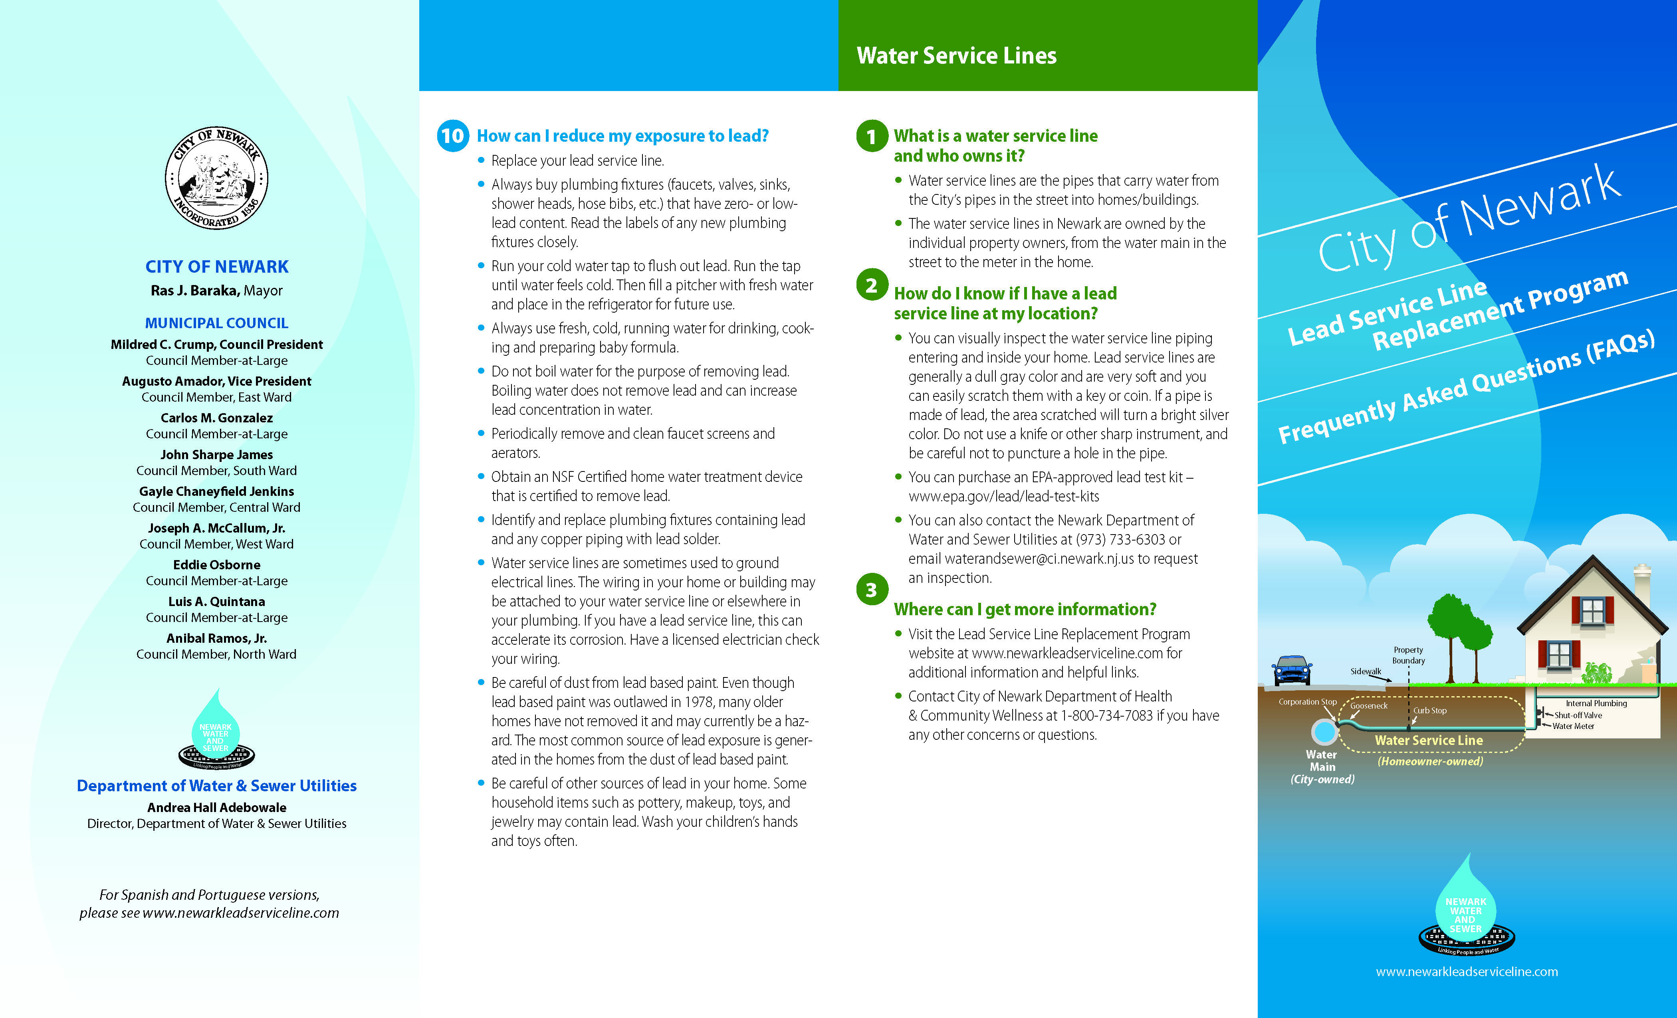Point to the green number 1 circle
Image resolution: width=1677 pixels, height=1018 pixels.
point(871,136)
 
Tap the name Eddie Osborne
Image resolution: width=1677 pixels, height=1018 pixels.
point(216,565)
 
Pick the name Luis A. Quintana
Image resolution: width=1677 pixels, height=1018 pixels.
point(216,602)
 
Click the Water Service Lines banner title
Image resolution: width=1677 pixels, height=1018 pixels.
point(956,56)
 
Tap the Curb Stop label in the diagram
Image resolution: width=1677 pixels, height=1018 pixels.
point(1429,711)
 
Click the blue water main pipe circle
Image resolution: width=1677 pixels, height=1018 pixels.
point(1324,732)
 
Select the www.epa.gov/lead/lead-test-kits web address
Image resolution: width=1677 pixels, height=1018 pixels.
point(1003,497)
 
